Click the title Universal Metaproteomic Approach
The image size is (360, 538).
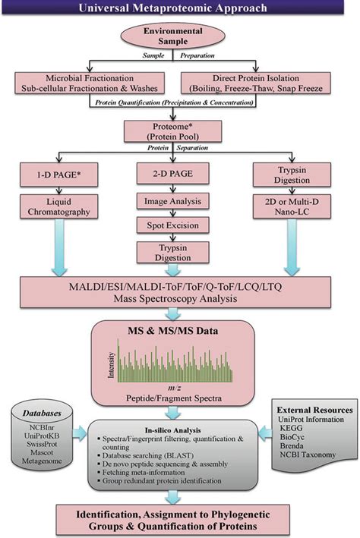click(179, 9)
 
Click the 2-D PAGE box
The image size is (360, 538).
click(179, 177)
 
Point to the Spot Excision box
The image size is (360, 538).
click(179, 226)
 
